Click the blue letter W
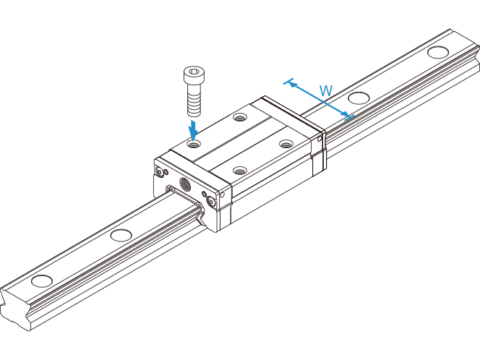click(x=326, y=90)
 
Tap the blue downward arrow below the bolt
click(x=193, y=130)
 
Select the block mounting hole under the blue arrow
click(x=194, y=144)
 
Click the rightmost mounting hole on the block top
click(x=286, y=143)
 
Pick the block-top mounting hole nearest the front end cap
click(x=239, y=170)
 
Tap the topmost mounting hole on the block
click(x=239, y=116)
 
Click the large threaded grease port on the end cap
click(x=185, y=184)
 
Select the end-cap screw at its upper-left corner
click(x=159, y=172)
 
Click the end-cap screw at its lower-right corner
click(x=212, y=202)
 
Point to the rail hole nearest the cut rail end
click(x=42, y=281)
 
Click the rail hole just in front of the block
click(x=121, y=235)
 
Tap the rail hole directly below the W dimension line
click(x=359, y=98)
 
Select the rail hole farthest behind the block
click(x=438, y=52)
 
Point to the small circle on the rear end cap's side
click(x=320, y=140)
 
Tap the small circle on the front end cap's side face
click(x=223, y=194)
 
